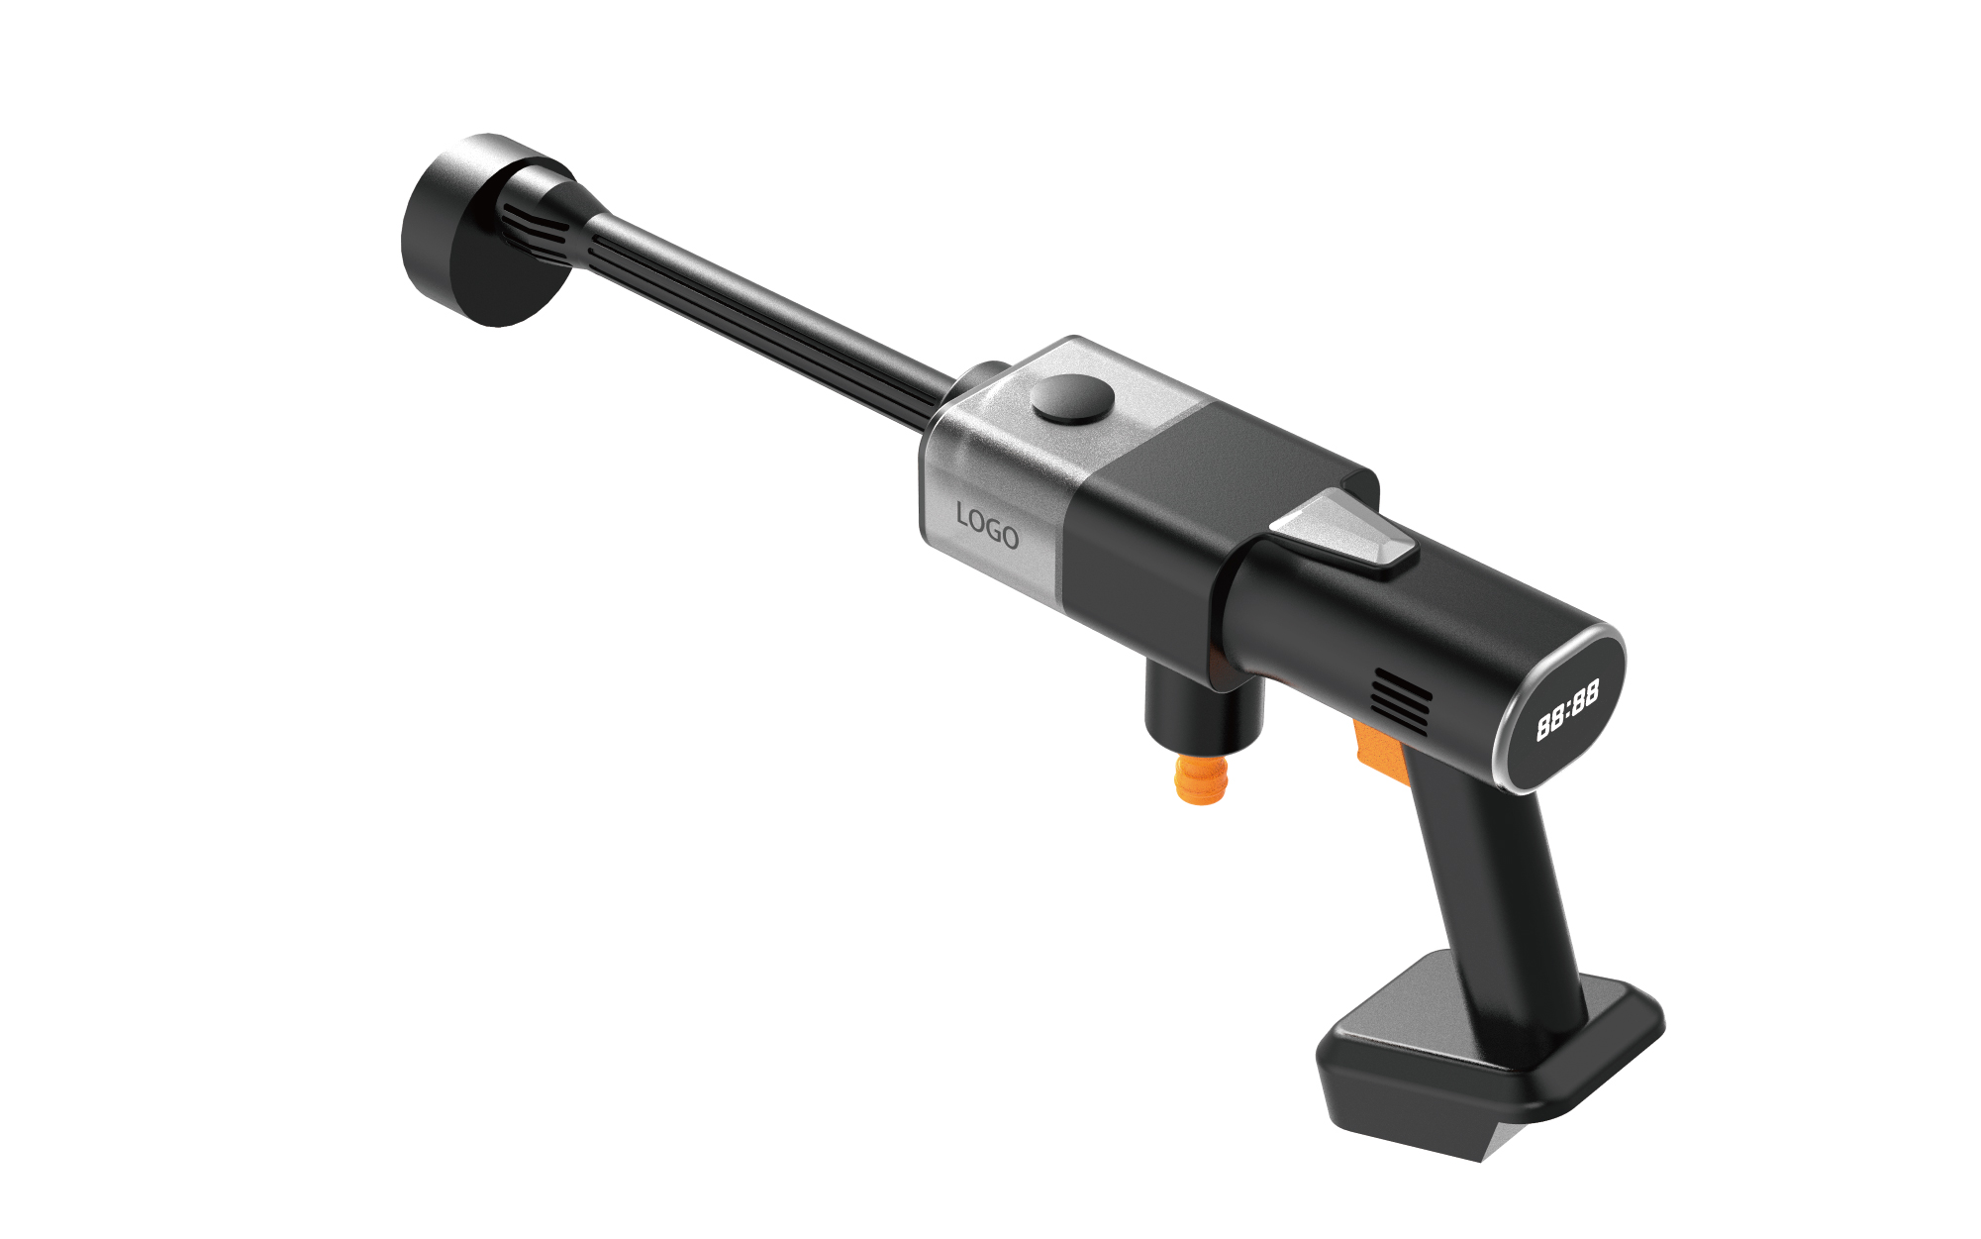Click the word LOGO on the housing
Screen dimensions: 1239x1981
(x=987, y=527)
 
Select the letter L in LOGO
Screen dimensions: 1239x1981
(x=963, y=515)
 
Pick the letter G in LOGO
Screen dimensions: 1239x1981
(x=993, y=530)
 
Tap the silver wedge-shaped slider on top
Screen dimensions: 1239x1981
(x=1344, y=533)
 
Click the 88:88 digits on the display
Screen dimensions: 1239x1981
(x=1567, y=710)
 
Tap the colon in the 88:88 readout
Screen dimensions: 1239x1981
(x=1567, y=710)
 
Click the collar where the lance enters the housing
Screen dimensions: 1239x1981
(x=974, y=381)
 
